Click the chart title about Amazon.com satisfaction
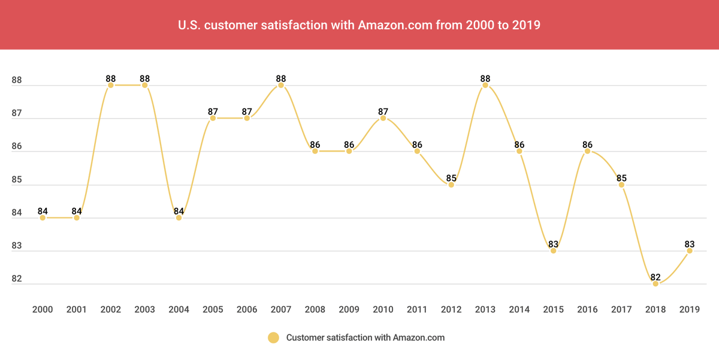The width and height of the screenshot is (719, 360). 359,26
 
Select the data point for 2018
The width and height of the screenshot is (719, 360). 655,284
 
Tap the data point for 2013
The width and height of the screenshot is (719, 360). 485,85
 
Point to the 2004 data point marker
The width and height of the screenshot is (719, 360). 179,217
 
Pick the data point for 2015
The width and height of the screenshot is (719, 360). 553,251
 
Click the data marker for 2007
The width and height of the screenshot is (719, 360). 281,85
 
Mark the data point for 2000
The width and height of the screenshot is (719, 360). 43,217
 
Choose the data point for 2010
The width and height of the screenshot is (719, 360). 383,118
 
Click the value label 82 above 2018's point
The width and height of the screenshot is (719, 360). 655,277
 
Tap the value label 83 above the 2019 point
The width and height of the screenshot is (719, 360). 689,244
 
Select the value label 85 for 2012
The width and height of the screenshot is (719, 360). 451,177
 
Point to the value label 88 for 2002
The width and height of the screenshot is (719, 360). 111,78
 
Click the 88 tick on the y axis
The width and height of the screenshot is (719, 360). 17,80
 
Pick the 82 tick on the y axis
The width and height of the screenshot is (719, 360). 17,279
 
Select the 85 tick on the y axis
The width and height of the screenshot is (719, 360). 17,180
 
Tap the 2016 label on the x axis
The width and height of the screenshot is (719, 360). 587,310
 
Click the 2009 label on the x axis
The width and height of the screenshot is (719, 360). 349,310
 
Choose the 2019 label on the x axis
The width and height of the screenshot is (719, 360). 689,310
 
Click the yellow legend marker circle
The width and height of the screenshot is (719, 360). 274,338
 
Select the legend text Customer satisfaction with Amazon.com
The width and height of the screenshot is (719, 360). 365,338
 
